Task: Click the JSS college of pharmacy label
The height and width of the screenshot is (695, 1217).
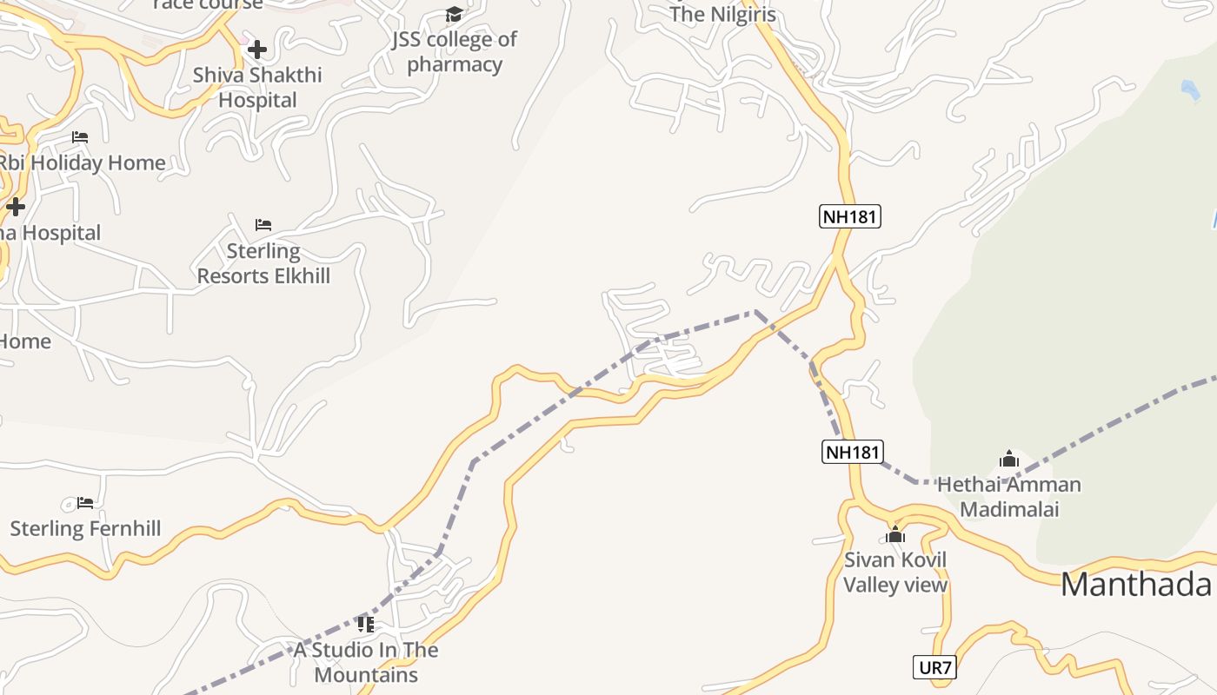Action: (x=454, y=51)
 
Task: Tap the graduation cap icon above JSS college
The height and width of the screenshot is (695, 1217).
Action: (x=454, y=14)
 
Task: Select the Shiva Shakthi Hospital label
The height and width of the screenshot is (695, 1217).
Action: (x=257, y=87)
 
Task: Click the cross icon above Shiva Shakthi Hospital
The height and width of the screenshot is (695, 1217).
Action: (x=257, y=50)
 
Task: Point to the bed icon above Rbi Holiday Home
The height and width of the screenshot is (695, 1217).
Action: (x=80, y=137)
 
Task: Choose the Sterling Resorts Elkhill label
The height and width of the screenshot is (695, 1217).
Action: (x=263, y=263)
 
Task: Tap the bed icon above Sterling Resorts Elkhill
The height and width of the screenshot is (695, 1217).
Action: (x=263, y=225)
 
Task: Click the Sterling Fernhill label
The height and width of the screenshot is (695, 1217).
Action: (x=85, y=528)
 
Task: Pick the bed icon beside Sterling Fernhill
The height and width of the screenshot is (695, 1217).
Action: (x=85, y=503)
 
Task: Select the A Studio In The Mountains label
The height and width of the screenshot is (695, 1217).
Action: (x=366, y=662)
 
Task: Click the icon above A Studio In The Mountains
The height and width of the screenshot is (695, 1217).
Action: (x=366, y=624)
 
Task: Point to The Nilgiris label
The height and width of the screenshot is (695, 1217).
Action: (x=722, y=14)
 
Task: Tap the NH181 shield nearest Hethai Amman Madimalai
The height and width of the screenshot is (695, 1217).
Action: (x=853, y=452)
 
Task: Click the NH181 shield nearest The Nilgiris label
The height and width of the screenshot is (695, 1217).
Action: (x=850, y=216)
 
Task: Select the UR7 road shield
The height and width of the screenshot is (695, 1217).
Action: (x=935, y=668)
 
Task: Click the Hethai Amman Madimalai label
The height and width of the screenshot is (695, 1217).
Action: (x=1008, y=496)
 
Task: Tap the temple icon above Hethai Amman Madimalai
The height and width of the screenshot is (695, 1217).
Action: (x=1009, y=459)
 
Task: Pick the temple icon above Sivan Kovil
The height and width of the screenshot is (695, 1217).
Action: (x=895, y=534)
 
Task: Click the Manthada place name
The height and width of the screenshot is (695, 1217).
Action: (x=1135, y=585)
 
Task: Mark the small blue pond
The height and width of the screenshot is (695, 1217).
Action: (x=1189, y=89)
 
